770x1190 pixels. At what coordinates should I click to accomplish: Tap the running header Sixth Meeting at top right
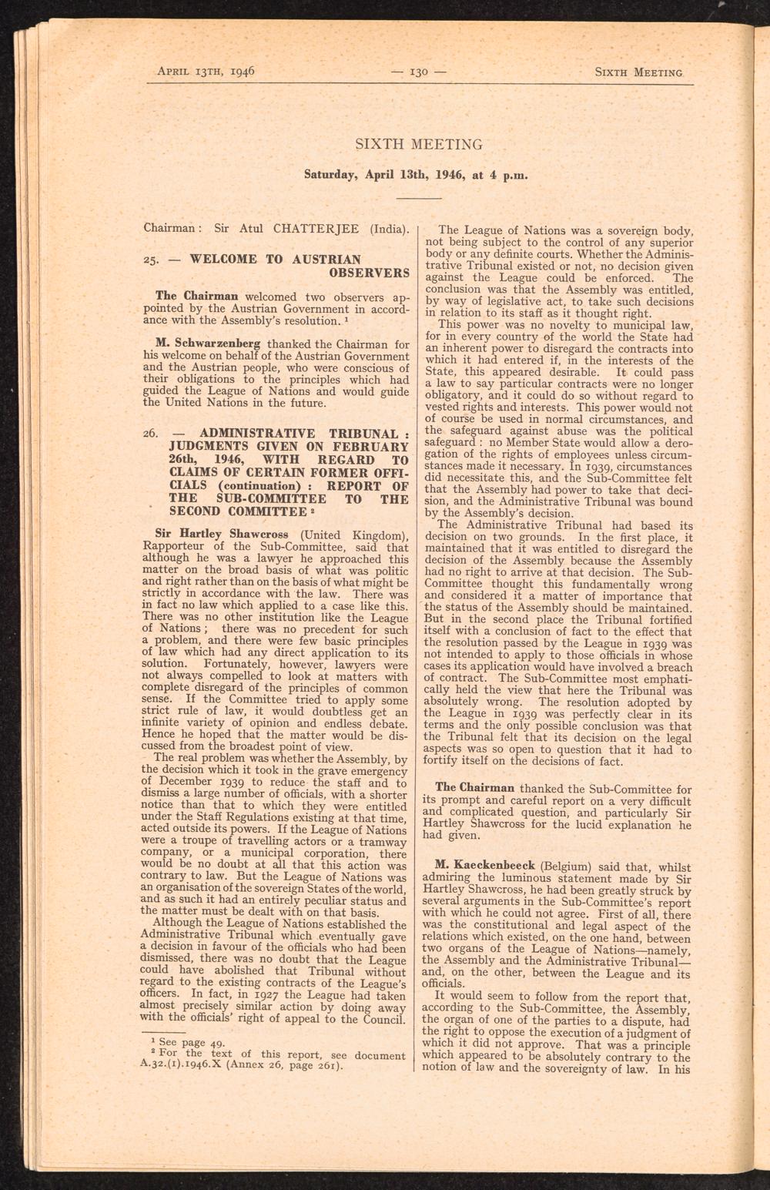click(638, 73)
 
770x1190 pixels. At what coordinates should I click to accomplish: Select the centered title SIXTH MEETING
click(418, 144)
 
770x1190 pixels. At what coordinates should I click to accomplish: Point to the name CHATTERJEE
click(321, 229)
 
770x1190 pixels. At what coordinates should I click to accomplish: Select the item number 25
click(151, 260)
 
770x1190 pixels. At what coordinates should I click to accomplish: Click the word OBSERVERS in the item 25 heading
click(369, 273)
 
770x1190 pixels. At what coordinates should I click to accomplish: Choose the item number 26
click(151, 434)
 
